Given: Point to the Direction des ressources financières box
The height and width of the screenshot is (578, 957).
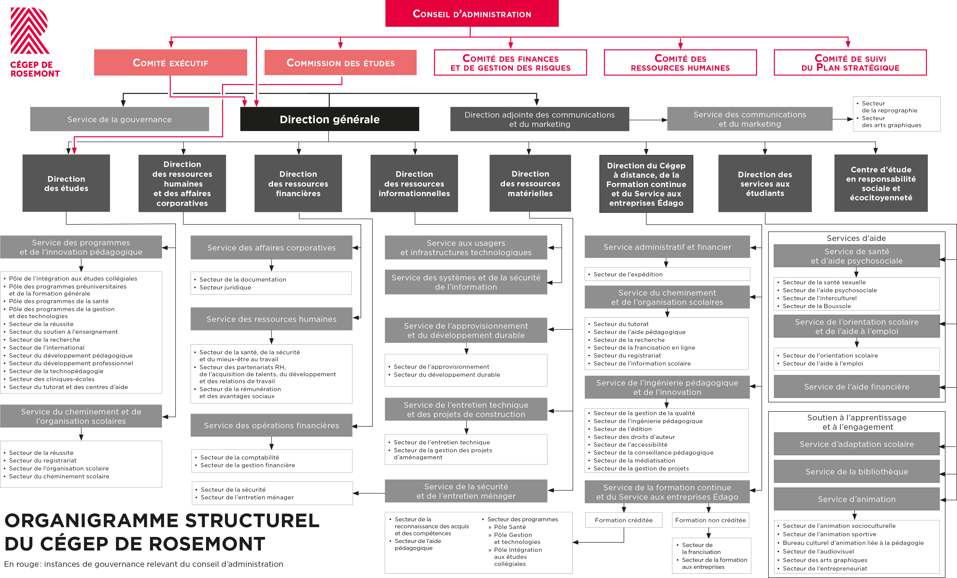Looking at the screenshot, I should pos(298,184).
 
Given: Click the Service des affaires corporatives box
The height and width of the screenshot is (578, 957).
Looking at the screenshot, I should pos(271,248).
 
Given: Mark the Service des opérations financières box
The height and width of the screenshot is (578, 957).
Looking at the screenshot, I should pos(271,425).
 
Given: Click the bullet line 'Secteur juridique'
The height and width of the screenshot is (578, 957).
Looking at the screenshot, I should pos(225,288).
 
